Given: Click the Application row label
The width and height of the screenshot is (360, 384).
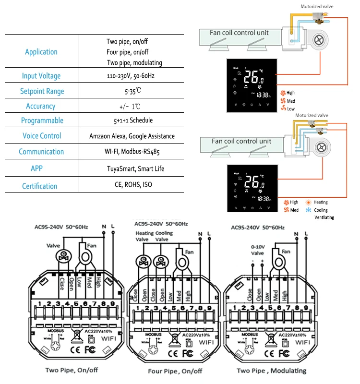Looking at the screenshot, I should coord(41,52).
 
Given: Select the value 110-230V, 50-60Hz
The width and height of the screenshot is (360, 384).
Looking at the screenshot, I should coord(131,76).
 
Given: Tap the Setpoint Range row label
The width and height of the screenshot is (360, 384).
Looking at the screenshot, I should coord(42,91).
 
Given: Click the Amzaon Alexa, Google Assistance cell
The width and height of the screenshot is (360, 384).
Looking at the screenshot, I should coord(132,136).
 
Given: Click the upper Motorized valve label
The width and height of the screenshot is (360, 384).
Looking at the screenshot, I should coord(317,7).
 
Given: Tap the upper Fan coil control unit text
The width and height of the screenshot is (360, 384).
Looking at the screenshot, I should coord(239,33).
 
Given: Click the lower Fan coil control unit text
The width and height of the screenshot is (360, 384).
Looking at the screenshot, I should coord(241,142).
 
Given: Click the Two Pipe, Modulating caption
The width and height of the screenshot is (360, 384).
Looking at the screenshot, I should coord(271,371).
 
